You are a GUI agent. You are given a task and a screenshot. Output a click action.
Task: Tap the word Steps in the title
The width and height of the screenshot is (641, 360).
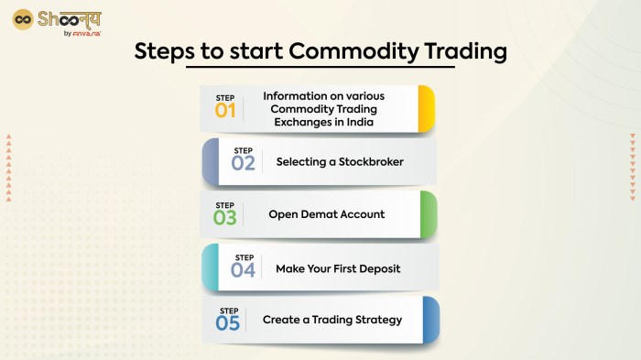click(x=164, y=51)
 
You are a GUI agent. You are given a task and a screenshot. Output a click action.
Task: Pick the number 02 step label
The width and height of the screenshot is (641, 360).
click(x=244, y=164)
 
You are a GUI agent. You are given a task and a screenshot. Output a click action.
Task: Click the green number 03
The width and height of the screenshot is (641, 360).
click(x=224, y=218)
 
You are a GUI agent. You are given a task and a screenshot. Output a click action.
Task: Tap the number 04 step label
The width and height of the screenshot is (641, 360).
click(x=244, y=270)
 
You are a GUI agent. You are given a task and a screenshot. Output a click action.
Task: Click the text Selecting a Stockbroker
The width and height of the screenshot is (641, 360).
click(x=340, y=162)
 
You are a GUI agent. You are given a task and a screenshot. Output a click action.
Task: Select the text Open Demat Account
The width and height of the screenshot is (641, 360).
click(x=327, y=214)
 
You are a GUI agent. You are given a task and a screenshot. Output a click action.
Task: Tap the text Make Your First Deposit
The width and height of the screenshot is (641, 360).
click(x=338, y=268)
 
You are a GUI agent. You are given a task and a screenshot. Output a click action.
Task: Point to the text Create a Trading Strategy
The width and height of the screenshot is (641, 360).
click(x=331, y=321)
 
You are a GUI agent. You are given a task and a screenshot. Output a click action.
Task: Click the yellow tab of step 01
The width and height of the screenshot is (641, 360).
click(x=426, y=109)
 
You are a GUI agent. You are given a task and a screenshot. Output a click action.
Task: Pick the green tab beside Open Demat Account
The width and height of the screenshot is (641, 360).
click(x=429, y=214)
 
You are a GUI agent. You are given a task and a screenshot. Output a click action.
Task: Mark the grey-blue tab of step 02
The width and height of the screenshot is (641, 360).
click(x=210, y=162)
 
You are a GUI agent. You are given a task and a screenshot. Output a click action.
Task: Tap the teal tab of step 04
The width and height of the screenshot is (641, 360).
click(x=210, y=267)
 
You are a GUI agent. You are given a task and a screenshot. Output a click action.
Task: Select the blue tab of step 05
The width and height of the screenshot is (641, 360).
click(x=430, y=321)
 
